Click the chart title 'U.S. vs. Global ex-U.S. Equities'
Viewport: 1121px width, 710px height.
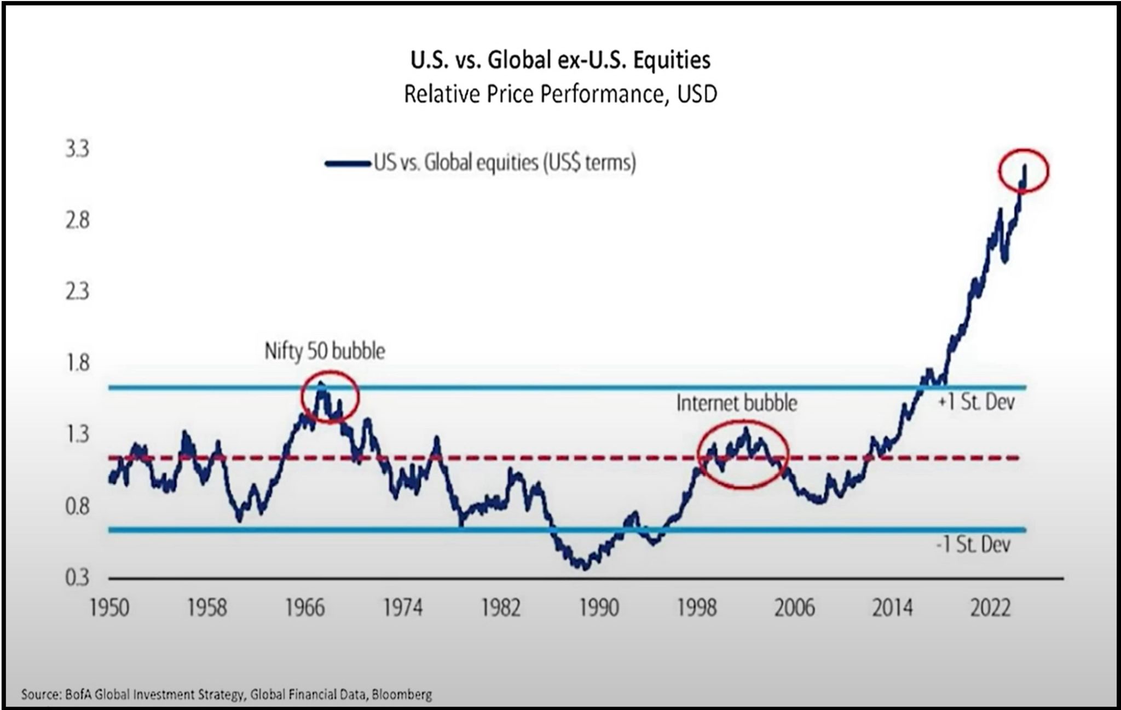coord(560,60)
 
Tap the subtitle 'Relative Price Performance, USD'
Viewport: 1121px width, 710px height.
coord(560,94)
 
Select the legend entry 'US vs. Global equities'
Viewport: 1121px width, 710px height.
coord(504,163)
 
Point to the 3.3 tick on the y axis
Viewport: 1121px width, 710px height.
coord(77,150)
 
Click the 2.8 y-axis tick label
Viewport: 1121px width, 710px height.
coord(77,221)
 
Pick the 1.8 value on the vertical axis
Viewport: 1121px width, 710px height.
coord(77,363)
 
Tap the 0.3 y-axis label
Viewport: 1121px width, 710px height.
coord(77,577)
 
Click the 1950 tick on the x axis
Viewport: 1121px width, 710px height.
coord(109,608)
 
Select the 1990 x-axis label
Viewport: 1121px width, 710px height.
coord(599,608)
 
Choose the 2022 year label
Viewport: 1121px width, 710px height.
coord(990,608)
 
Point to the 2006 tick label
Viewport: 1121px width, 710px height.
coord(794,608)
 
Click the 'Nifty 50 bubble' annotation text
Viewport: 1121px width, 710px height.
coord(325,351)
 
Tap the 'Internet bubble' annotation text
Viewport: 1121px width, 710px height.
coord(737,403)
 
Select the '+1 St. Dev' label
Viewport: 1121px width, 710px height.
coord(976,403)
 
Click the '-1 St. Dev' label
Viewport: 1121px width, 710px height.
coord(973,545)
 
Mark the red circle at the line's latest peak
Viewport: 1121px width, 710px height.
coord(1023,171)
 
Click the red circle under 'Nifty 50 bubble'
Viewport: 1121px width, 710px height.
coord(330,396)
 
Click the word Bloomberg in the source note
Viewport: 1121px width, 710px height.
coord(402,695)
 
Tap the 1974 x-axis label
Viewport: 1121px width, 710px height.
coord(403,608)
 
